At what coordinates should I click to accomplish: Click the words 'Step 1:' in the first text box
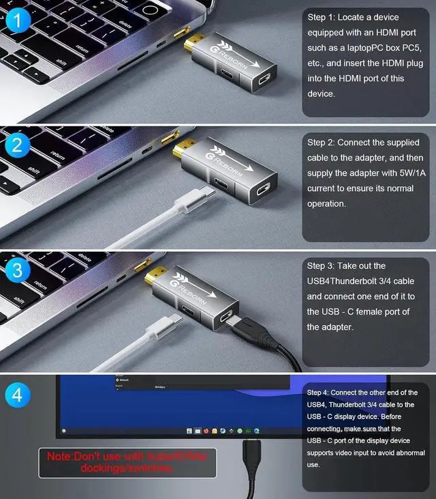click(323, 17)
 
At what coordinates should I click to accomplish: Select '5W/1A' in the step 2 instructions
click(396, 173)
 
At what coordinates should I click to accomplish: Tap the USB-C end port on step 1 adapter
click(264, 83)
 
